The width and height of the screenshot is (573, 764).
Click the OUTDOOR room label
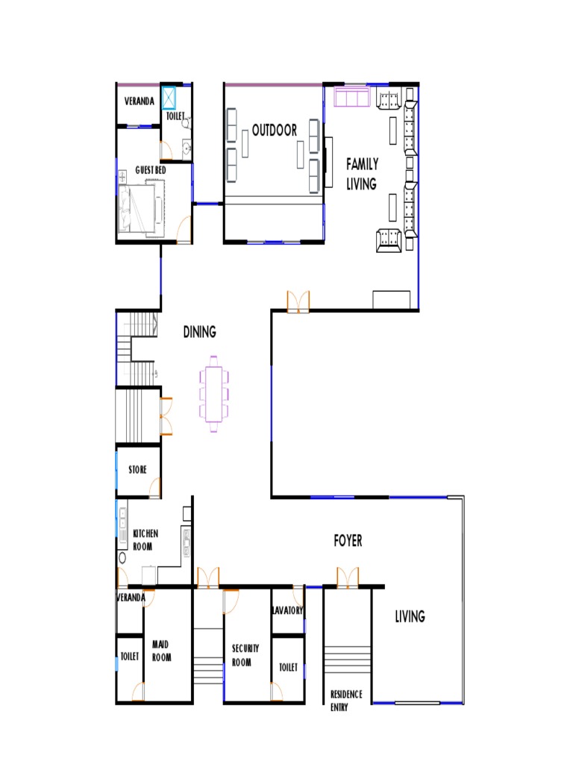(275, 130)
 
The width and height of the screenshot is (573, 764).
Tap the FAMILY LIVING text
(362, 173)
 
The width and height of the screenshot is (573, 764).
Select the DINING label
(199, 332)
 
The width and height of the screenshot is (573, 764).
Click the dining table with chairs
(214, 394)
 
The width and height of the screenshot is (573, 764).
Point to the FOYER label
(348, 540)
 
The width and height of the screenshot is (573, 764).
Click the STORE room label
(137, 469)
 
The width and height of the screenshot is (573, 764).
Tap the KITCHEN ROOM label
(145, 540)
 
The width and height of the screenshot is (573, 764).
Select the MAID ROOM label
(161, 651)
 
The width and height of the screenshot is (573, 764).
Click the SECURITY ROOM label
(245, 655)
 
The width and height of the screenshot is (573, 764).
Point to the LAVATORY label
(287, 610)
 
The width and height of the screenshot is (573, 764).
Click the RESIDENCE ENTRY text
(346, 701)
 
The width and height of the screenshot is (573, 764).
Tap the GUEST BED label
(151, 170)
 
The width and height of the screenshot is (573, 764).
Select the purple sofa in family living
(352, 96)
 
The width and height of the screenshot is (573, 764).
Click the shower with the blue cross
(169, 98)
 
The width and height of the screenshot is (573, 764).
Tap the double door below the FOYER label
(348, 577)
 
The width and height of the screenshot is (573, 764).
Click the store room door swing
(154, 487)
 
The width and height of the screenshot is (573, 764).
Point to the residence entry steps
(348, 660)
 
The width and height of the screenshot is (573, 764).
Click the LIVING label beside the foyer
(410, 616)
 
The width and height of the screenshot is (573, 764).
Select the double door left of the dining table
(166, 416)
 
